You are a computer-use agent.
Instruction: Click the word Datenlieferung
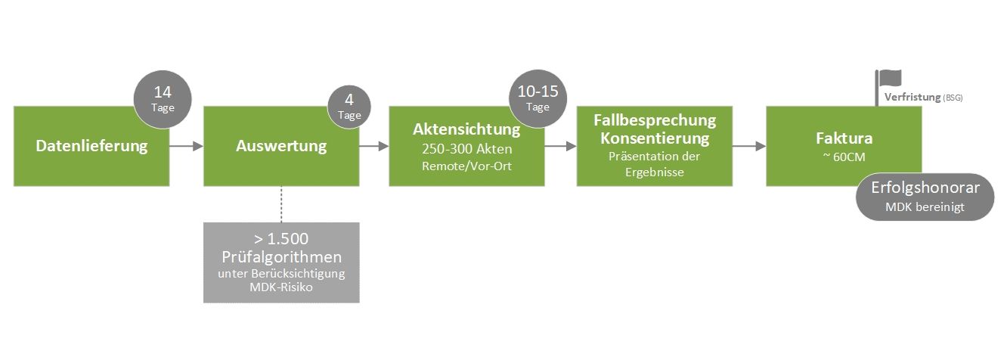[91, 145]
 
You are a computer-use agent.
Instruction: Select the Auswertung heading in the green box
[280, 145]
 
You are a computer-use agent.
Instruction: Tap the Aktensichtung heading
[466, 129]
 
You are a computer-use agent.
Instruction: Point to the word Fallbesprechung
[655, 120]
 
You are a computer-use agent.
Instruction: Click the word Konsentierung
[655, 138]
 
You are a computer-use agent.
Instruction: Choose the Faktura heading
[844, 138]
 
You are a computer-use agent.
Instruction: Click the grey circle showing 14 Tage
[163, 98]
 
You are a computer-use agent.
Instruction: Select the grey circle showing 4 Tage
[349, 105]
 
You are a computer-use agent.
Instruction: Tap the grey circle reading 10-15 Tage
[538, 98]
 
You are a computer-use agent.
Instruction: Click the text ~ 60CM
[844, 157]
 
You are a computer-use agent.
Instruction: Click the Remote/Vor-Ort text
[466, 166]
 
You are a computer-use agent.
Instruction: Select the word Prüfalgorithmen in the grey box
[281, 256]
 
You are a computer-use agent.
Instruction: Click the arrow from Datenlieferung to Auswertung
[186, 146]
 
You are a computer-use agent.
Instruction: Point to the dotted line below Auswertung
[281, 203]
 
